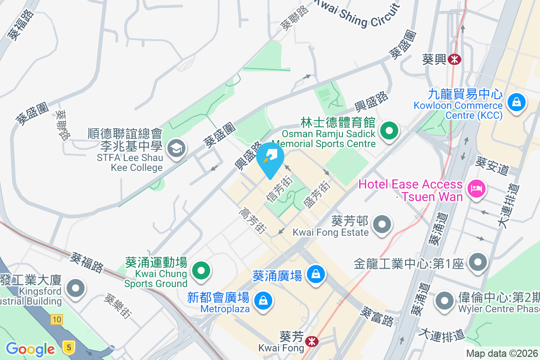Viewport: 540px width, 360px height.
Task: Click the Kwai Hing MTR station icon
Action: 455,59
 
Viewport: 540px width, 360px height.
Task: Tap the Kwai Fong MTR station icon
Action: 310,342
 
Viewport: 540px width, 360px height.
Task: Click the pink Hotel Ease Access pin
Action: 476,188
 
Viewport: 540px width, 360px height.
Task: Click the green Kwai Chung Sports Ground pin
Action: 201,271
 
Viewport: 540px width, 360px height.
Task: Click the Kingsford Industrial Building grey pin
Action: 75,287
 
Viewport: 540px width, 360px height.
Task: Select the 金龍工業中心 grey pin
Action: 477,261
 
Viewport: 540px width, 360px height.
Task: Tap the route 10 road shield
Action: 56,319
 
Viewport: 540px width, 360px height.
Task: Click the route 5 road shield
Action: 69,347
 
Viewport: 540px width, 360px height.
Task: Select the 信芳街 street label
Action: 279,189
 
